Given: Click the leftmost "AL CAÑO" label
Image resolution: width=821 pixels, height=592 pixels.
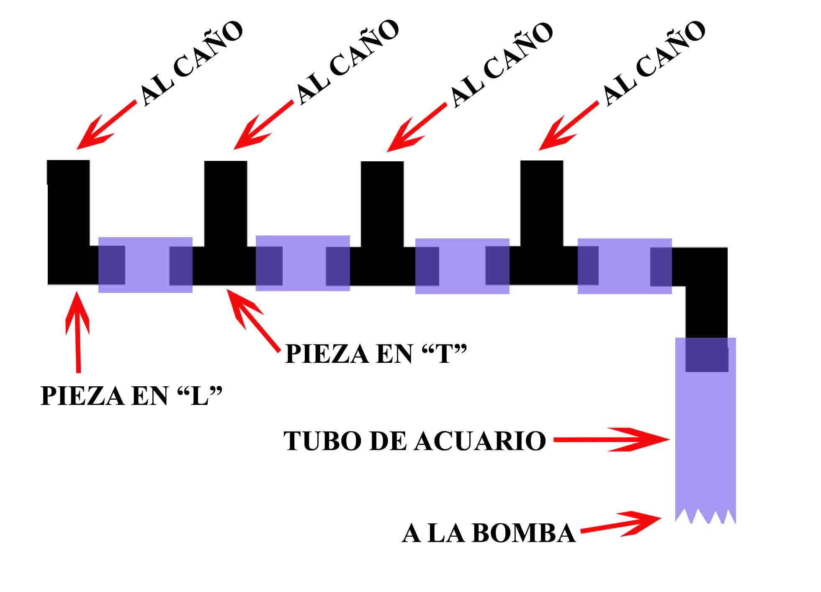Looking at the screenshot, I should tap(190, 63).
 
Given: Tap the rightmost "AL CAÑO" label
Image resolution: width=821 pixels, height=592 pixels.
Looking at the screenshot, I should tap(653, 63).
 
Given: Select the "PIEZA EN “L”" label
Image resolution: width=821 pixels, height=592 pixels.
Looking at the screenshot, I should tap(131, 396).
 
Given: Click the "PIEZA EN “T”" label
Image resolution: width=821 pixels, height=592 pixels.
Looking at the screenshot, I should tap(375, 354).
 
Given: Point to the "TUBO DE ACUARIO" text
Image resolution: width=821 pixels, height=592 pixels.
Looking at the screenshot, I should tap(414, 441).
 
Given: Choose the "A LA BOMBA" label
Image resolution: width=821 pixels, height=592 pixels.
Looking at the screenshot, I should tap(488, 533).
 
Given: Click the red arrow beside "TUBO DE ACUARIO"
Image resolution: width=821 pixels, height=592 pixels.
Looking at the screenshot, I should tap(611, 439).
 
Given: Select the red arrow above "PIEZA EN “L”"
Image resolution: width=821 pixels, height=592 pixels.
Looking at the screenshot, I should tap(77, 331).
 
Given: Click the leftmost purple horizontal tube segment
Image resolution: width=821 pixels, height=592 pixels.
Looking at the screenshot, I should tap(145, 265).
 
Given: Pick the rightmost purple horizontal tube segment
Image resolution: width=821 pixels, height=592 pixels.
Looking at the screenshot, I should tap(624, 266).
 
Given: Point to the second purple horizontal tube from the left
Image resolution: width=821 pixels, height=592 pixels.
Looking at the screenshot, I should tap(303, 263).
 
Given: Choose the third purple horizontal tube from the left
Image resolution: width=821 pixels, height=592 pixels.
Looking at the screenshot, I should tap(462, 266).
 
